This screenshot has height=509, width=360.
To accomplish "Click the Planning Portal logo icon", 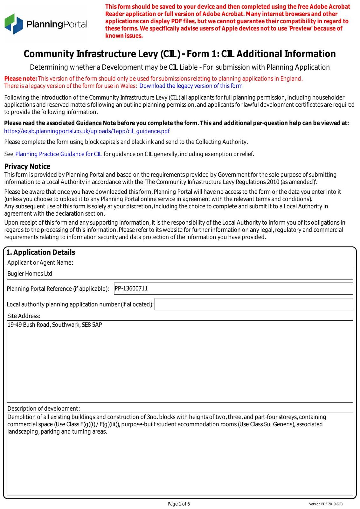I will [x=14, y=24].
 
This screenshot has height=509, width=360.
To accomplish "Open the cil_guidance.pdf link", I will [x=87, y=131].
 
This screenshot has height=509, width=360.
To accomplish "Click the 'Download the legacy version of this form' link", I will [x=191, y=86].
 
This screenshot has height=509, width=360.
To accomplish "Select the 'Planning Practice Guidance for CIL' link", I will [x=59, y=154].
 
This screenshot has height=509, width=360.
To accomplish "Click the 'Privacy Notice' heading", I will [x=27, y=166].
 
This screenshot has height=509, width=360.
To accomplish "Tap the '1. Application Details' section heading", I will [x=41, y=252].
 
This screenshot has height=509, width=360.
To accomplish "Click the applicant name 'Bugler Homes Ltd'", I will [x=30, y=274].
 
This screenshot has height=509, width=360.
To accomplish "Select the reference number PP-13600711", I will [x=131, y=288].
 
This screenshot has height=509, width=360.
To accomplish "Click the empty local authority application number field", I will [x=253, y=304].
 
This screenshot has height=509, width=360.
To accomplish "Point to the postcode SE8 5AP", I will [x=92, y=325].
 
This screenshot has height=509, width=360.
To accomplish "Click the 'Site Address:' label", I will [x=24, y=316].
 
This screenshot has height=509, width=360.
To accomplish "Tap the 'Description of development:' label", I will [x=44, y=408].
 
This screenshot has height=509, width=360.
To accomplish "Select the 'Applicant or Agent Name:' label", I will [x=40, y=262].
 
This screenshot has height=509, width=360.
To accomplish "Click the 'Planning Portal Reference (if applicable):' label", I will [x=58, y=289].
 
